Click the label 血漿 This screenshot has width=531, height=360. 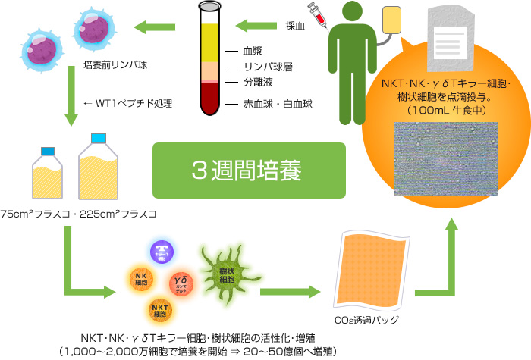[253, 52]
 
